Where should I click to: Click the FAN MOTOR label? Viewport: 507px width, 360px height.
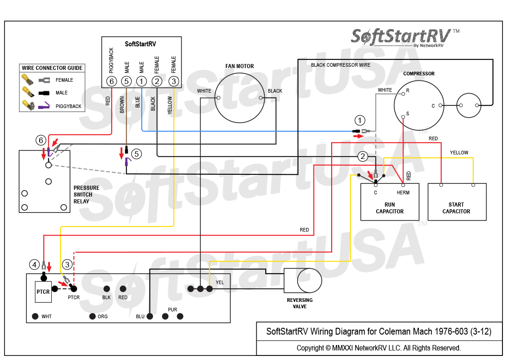(x=239, y=66)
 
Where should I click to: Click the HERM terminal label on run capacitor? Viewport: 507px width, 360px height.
(x=403, y=192)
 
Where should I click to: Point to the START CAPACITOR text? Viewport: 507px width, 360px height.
(x=456, y=208)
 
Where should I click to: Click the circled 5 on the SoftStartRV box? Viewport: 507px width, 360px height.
(x=126, y=81)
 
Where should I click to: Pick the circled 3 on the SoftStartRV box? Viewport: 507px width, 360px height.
(x=174, y=81)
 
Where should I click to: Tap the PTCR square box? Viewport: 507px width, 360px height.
(x=43, y=291)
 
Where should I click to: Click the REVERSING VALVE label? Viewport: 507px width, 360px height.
(x=300, y=303)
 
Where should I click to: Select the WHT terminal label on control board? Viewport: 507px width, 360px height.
(x=46, y=316)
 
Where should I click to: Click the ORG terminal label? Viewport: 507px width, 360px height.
(x=103, y=316)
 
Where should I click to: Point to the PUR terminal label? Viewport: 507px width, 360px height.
(x=172, y=310)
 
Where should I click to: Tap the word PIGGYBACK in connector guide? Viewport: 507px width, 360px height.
(x=69, y=106)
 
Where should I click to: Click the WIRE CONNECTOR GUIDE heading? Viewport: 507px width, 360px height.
(x=52, y=68)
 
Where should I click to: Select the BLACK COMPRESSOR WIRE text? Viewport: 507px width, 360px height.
(x=340, y=65)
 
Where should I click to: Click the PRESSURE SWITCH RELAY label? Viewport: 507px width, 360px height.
(x=86, y=194)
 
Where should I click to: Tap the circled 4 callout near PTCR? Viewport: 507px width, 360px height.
(x=34, y=264)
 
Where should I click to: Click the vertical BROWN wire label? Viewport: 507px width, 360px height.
(x=122, y=104)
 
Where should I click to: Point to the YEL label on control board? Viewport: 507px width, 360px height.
(x=220, y=282)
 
